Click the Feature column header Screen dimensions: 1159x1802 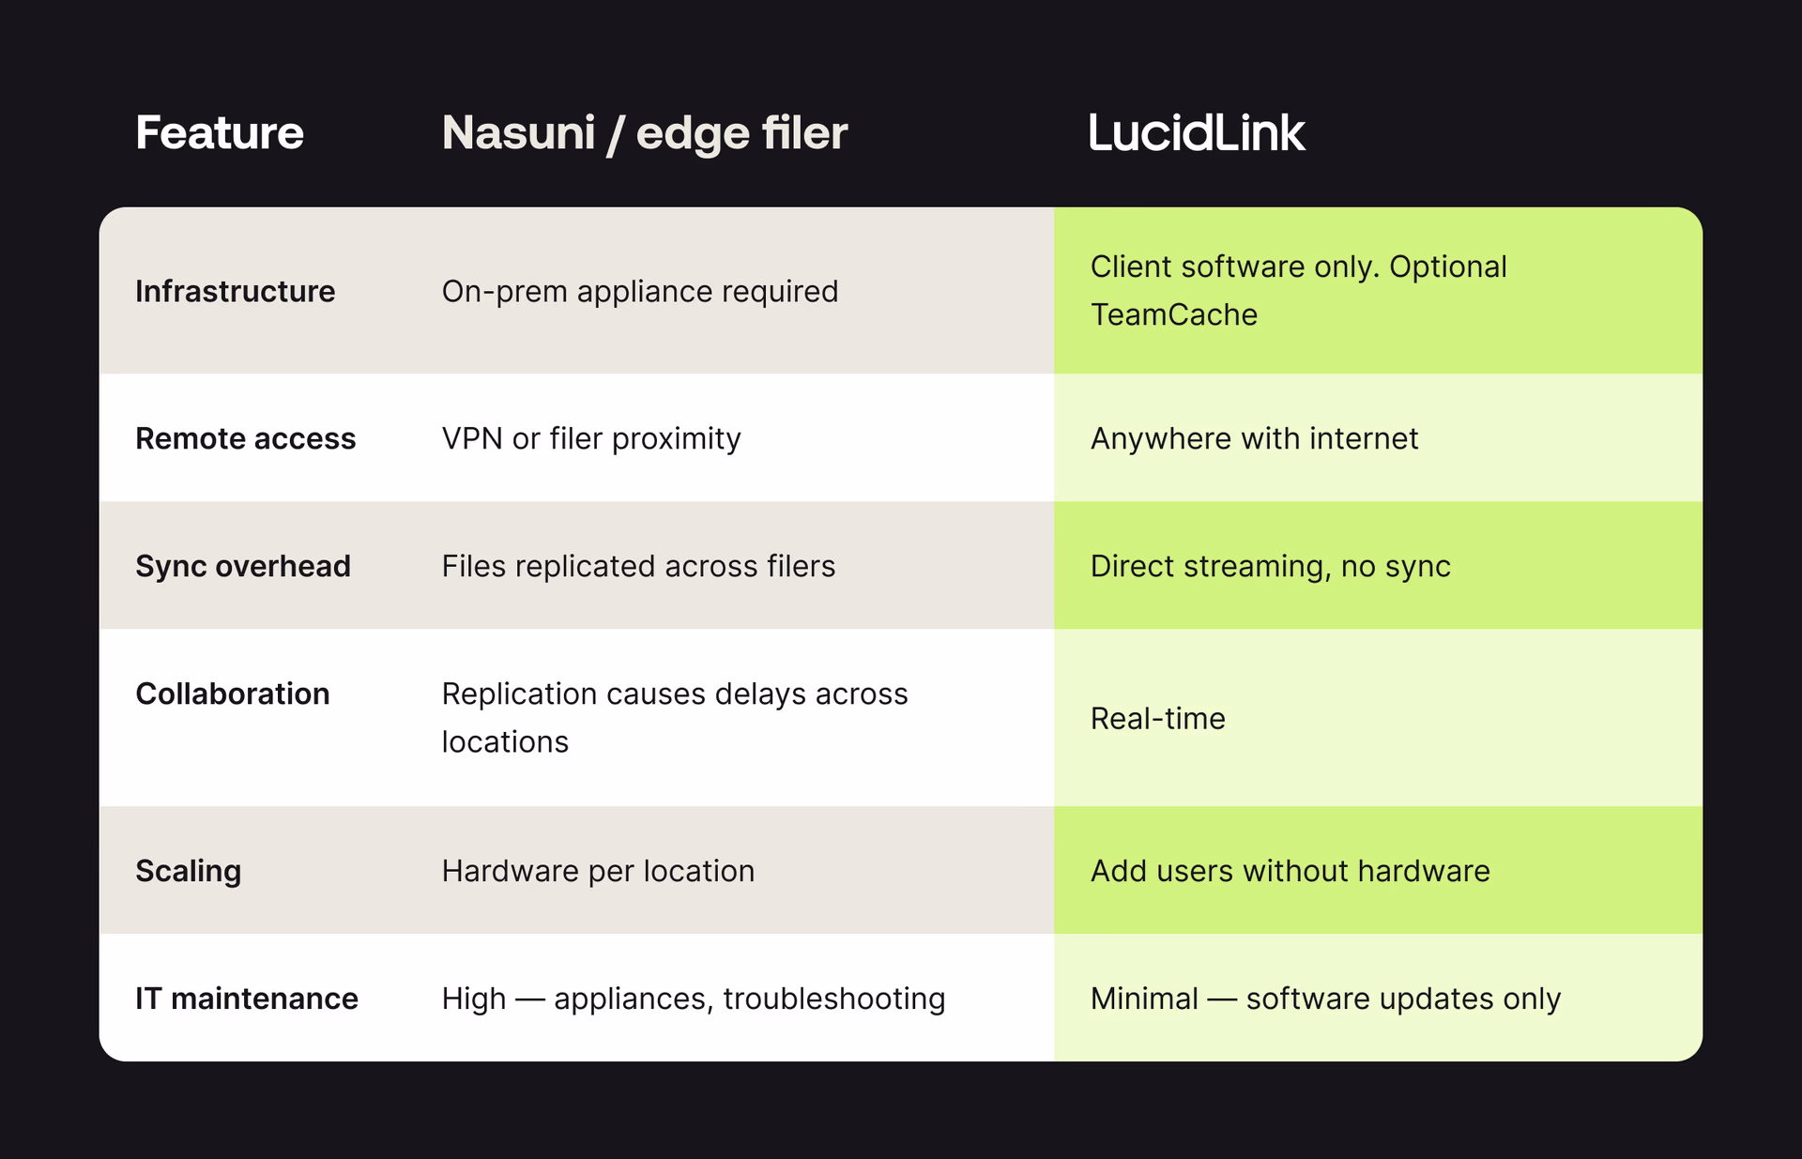pos(219,132)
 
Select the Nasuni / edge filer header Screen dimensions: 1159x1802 pos(644,132)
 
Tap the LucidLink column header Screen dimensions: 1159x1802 pos(1196,132)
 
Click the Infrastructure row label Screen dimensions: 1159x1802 pos(235,291)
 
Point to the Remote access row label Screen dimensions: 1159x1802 pos(245,438)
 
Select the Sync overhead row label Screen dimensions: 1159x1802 pos(242,566)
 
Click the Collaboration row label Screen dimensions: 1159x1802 pos(232,694)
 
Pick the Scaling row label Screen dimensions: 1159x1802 pos(188,871)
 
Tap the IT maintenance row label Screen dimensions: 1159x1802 pos(246,999)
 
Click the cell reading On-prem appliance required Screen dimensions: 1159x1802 pos(639,291)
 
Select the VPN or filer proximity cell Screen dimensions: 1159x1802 pos(590,438)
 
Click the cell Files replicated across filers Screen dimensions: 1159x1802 pos(637,566)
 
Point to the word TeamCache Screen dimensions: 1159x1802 pos(1173,314)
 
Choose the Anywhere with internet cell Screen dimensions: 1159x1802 pos(1253,438)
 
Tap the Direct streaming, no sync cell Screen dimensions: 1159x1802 pos(1270,566)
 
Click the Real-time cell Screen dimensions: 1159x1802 pos(1157,718)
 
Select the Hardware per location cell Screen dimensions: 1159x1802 pos(597,871)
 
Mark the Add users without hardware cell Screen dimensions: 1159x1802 pos(1290,871)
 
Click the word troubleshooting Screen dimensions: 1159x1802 pos(833,999)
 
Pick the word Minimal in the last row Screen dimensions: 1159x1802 pos(1143,999)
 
